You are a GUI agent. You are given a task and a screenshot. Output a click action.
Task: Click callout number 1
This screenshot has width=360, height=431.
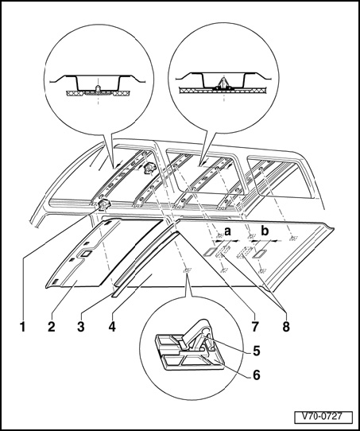[23, 327]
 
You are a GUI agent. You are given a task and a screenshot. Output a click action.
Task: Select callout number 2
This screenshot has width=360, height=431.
[51, 327]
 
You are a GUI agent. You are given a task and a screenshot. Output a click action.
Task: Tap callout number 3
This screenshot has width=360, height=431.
[80, 327]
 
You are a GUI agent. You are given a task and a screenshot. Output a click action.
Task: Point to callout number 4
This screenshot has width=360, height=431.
[112, 327]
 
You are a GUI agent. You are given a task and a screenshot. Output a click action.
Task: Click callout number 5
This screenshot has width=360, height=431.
[257, 351]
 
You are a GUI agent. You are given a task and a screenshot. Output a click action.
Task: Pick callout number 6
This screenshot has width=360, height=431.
[257, 375]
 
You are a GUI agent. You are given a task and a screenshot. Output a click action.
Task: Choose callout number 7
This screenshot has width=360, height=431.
[255, 327]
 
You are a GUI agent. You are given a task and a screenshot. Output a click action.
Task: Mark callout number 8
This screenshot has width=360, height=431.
[286, 327]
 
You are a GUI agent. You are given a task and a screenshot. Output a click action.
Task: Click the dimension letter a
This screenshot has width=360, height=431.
[227, 231]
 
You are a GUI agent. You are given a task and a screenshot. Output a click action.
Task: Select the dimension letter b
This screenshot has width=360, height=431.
[265, 231]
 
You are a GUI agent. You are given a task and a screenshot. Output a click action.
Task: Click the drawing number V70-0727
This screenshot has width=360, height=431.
[323, 417]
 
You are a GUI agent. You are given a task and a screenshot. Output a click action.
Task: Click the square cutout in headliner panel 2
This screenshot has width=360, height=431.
[86, 254]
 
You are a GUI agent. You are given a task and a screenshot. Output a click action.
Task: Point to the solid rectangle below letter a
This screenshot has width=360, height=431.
[211, 252]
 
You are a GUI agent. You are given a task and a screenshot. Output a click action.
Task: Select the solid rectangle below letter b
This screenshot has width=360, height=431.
[258, 254]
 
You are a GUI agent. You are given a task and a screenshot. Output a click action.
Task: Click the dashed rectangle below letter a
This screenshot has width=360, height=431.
[223, 251]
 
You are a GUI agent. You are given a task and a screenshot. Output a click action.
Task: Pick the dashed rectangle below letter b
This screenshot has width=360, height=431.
[245, 252]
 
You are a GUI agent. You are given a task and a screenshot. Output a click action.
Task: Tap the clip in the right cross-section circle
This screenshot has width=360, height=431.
[224, 83]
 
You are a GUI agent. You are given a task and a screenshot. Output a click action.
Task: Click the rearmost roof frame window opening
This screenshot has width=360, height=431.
[283, 177]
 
